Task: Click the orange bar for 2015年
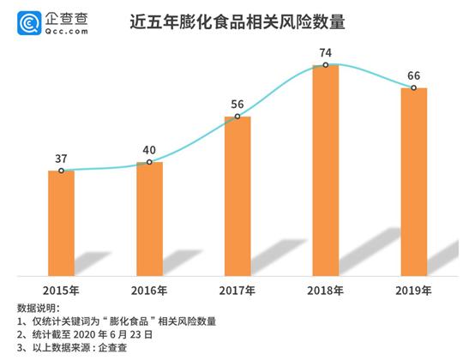point(61,223)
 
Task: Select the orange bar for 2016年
point(149,219)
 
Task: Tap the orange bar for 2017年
point(237,195)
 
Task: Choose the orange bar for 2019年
point(413,181)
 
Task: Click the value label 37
point(61,157)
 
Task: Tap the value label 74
point(326,51)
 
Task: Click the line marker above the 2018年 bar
point(326,65)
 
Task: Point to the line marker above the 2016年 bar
point(149,162)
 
